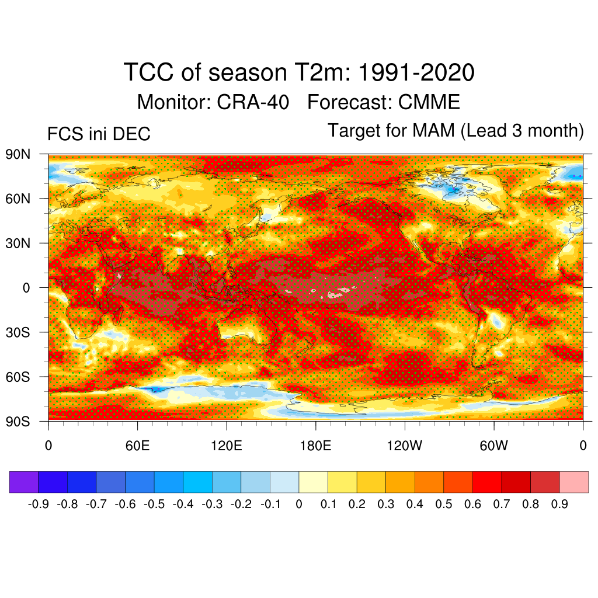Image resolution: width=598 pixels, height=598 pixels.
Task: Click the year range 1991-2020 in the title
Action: (x=415, y=74)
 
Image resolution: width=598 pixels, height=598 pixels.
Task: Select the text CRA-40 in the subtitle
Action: (x=253, y=102)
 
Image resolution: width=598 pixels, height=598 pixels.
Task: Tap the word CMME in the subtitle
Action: (x=429, y=102)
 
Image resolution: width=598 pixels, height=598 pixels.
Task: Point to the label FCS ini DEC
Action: (x=99, y=134)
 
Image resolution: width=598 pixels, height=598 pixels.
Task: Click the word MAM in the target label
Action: (x=433, y=130)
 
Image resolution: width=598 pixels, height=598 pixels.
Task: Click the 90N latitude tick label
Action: (x=18, y=154)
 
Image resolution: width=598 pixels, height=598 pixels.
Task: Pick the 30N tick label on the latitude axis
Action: (x=18, y=243)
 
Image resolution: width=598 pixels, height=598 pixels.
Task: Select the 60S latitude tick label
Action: (x=18, y=377)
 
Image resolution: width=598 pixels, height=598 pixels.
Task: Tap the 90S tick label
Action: (x=18, y=421)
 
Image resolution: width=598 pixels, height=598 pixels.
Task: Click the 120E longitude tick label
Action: (x=226, y=447)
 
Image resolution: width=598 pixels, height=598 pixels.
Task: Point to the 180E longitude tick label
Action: (x=315, y=447)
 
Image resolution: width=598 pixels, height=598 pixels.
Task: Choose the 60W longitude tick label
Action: (x=493, y=447)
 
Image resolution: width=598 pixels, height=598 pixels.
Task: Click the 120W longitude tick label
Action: (x=404, y=447)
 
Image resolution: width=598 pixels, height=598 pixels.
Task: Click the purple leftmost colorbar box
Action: (x=24, y=482)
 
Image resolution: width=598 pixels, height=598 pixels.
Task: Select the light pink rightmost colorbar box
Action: (x=573, y=482)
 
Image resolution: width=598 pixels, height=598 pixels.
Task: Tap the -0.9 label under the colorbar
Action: (x=38, y=504)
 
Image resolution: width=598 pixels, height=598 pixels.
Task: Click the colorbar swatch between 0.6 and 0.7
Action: (x=487, y=482)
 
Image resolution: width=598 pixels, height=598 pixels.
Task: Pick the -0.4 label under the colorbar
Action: (x=183, y=504)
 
